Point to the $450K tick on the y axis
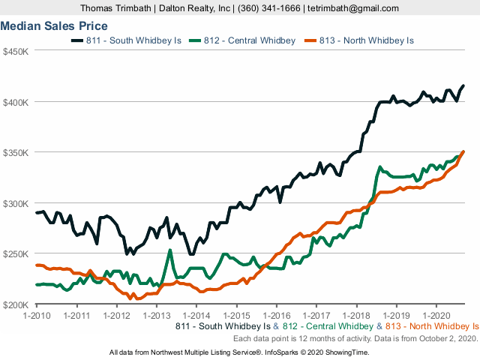[x=16, y=52]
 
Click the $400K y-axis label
[x=16, y=102]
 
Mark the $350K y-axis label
[x=16, y=153]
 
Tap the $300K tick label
[x=16, y=203]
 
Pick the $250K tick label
[x=16, y=254]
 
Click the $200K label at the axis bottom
[x=16, y=304]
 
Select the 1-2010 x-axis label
[x=36, y=316]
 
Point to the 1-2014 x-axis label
[x=196, y=316]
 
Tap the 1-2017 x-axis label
[x=316, y=316]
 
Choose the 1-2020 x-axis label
[x=436, y=316]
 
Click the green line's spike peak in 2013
[x=170, y=250]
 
